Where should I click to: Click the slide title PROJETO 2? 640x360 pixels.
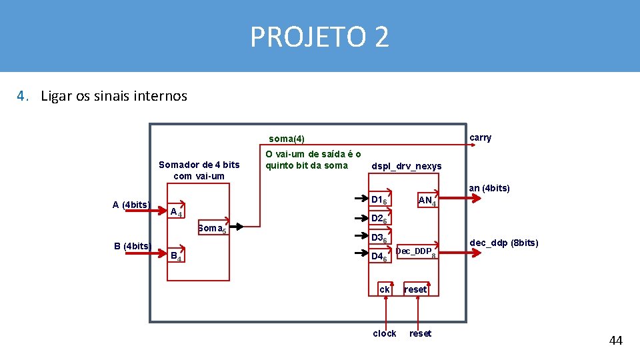point(319,37)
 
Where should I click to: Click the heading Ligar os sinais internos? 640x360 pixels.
point(113,96)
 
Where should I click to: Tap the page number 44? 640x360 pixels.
point(615,341)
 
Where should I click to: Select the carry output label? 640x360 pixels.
point(480,138)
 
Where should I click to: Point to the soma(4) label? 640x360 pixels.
point(286,139)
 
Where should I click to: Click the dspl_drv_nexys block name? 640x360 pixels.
point(406,166)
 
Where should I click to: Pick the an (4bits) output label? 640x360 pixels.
point(489,188)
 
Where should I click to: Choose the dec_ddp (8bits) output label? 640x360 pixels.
point(504,243)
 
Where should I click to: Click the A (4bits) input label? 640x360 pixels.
point(131,205)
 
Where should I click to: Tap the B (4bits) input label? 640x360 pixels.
point(133,246)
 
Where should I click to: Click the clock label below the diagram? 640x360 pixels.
point(385,333)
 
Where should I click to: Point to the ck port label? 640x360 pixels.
point(385,289)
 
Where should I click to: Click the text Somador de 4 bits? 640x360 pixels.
point(199,165)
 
